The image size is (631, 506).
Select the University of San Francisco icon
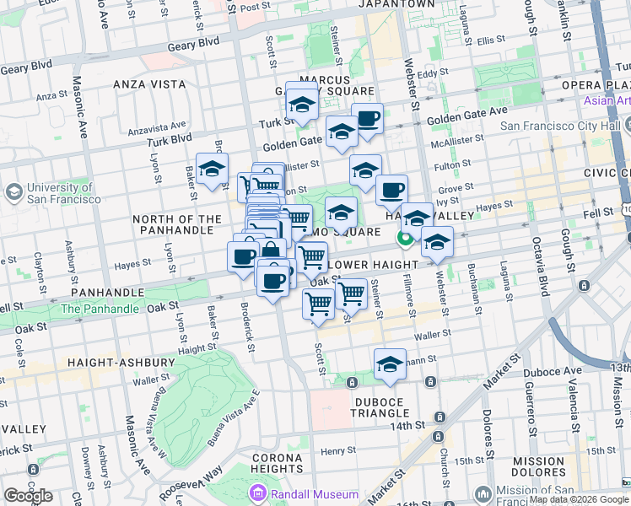pos(13,193)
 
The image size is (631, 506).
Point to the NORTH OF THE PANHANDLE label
pos(176,226)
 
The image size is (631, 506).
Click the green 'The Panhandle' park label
pos(100,309)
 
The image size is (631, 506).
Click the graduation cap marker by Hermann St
pos(390,365)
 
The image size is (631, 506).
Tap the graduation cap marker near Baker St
pos(212,169)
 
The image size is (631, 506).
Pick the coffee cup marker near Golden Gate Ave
pos(367,119)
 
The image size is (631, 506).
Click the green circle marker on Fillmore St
pos(405,238)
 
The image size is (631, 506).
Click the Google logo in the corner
pos(28,496)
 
